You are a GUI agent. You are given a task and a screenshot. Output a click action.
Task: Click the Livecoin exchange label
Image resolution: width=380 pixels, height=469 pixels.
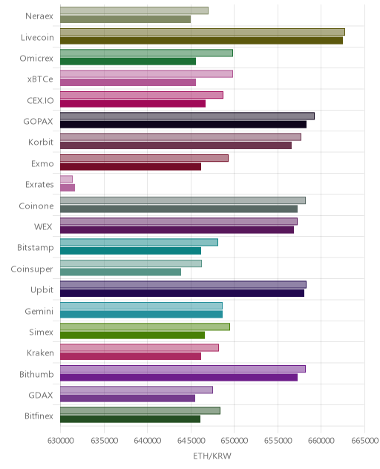[37, 37]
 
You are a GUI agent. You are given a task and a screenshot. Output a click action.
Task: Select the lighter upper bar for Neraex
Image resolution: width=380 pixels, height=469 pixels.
[134, 10]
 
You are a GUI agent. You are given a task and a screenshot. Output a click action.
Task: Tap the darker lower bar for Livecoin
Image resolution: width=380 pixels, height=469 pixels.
[201, 40]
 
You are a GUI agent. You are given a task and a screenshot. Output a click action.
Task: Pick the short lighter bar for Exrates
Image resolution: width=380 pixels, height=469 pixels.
[66, 179]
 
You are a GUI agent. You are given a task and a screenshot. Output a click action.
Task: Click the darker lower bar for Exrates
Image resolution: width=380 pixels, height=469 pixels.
[68, 188]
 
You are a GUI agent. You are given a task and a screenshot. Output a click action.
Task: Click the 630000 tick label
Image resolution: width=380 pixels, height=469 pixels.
[60, 441]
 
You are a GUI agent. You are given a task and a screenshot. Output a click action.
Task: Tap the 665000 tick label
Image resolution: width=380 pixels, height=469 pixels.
[364, 441]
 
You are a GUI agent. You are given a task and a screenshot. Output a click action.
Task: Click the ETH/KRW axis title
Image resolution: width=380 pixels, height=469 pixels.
[212, 456]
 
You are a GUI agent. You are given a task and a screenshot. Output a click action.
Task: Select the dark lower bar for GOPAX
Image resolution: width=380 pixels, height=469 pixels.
[183, 125]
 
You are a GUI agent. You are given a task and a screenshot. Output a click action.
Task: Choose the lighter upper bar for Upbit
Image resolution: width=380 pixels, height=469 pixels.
[183, 284]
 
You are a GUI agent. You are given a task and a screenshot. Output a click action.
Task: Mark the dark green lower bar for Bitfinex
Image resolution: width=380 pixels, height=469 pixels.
[130, 419]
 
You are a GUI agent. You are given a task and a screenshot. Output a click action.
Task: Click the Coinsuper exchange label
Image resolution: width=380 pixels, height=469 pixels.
[32, 269]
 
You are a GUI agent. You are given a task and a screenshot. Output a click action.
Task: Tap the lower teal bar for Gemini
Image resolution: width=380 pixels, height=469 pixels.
[141, 314]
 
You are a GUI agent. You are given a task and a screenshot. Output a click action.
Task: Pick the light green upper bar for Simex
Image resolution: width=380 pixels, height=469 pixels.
[145, 327]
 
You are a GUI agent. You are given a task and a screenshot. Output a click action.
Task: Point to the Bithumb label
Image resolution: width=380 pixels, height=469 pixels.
[36, 374]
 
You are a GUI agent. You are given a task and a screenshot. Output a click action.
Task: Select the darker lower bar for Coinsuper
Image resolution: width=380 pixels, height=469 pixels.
[120, 272]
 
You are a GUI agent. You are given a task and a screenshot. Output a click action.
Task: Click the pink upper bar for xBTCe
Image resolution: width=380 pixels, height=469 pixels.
[146, 74]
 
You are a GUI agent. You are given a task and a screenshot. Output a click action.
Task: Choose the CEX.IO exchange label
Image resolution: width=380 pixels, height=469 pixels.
[40, 100]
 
